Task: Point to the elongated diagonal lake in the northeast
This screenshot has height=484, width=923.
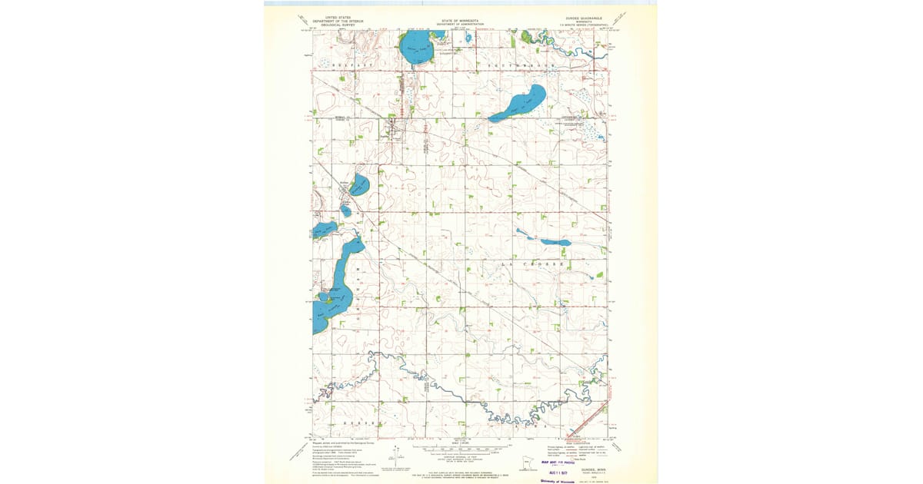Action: pyautogui.click(x=518, y=104)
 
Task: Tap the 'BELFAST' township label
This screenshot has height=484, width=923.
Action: pyautogui.click(x=351, y=67)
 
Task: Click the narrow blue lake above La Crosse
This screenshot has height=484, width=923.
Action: pyautogui.click(x=555, y=242)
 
